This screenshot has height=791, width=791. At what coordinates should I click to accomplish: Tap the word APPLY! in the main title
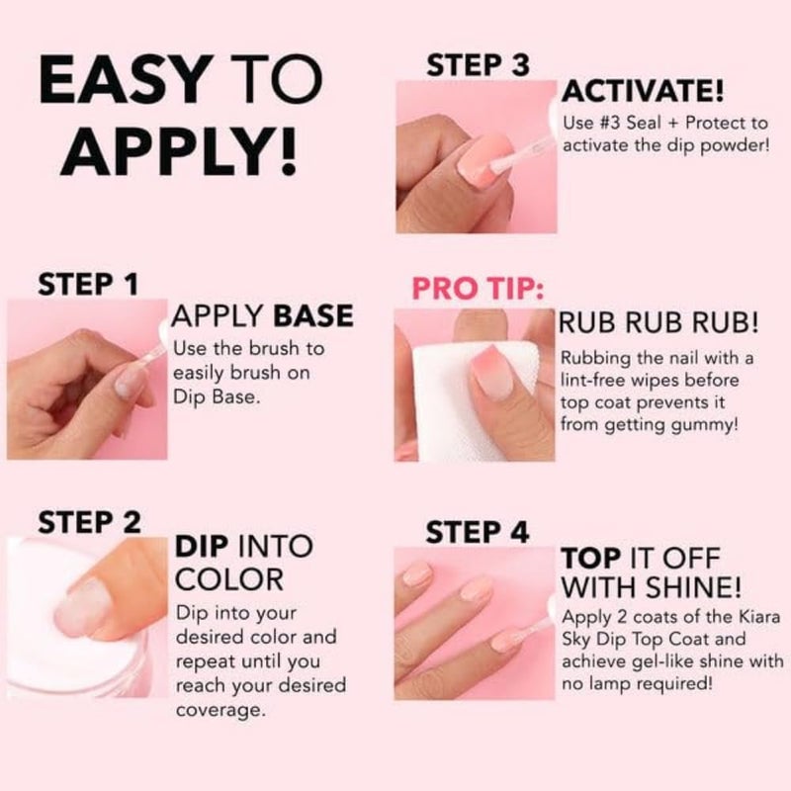[185, 150]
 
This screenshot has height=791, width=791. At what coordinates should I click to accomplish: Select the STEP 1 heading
[87, 284]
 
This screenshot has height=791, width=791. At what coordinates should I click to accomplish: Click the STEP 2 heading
[88, 521]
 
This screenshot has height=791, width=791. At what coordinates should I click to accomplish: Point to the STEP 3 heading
[478, 66]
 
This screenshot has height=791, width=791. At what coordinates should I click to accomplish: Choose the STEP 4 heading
[478, 531]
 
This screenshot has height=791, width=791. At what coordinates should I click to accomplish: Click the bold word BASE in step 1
[313, 316]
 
